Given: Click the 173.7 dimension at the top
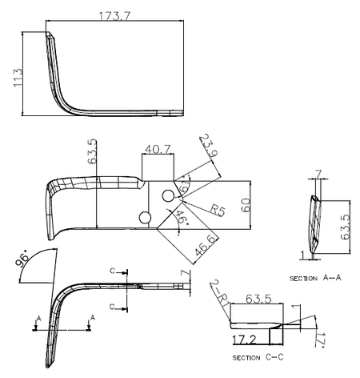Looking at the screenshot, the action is [x=115, y=16].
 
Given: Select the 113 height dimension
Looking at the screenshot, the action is [x=18, y=78].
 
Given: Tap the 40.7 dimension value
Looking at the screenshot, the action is [x=158, y=149].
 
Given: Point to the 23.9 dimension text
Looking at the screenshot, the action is [x=209, y=145].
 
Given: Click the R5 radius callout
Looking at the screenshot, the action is [x=218, y=210].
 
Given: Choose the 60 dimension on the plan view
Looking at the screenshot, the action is [x=246, y=205].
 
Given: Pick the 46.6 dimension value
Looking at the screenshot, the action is [x=205, y=246].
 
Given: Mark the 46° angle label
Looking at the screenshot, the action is [x=182, y=217].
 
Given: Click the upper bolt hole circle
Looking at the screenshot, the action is [x=168, y=196].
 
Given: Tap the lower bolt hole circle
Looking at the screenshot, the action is [x=145, y=218].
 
